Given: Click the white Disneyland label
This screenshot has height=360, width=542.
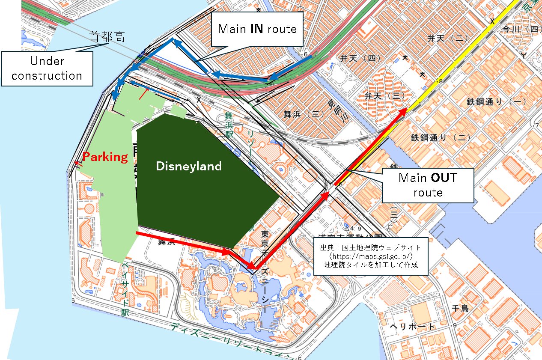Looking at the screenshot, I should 189,166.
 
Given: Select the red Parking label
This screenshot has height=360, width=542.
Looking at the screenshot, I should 105,157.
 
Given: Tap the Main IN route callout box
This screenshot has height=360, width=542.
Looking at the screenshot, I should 257,29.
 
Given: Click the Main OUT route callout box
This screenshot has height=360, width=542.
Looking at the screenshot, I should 427,185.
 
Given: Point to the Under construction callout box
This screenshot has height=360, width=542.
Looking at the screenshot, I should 47,68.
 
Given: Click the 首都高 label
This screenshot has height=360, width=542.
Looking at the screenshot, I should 107,37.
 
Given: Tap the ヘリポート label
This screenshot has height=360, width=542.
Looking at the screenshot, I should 412,327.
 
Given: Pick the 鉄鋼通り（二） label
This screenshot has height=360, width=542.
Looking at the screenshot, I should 441,137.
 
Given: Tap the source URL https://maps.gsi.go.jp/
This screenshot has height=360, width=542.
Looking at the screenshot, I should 371,256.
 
